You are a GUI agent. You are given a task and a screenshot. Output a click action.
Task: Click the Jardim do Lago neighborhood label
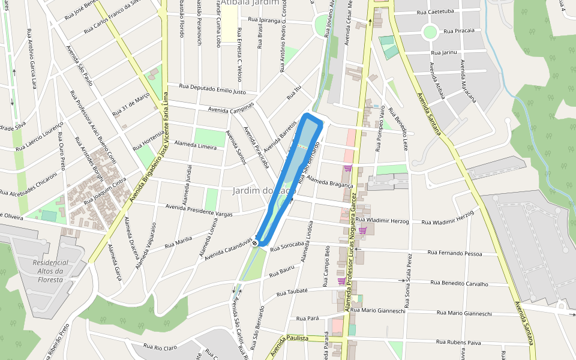pos(265,191)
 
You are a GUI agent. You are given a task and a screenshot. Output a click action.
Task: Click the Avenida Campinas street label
pos(231,107)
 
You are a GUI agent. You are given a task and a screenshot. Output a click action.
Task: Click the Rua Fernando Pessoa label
pos(455,253)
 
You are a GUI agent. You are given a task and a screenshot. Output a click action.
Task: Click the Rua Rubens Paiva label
pos(459,342)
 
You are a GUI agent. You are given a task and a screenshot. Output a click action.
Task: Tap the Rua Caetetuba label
pos(436,11)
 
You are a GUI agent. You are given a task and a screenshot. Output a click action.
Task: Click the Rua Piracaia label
pos(459,30)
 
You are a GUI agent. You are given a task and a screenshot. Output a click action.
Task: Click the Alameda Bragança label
pos(329,181)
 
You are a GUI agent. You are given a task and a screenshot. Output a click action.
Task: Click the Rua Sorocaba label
pos(286,246)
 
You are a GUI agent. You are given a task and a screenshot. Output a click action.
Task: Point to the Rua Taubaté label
pos(292,292)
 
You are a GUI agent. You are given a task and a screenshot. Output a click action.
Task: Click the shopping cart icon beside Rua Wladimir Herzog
pos(362,230)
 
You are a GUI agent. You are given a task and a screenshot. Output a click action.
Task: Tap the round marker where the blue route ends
pos(256,242)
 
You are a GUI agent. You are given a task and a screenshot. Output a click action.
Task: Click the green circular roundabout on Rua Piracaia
pos(430,31)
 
